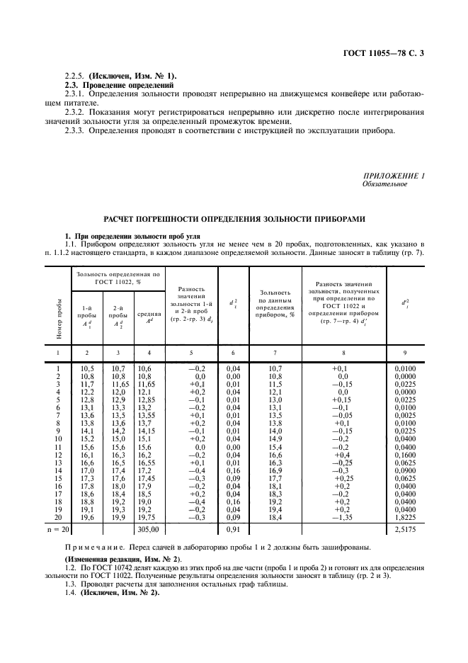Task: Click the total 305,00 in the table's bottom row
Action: [x=148, y=528]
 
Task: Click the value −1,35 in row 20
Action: [x=343, y=518]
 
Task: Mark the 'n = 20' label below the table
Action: [x=57, y=528]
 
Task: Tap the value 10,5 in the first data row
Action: [x=87, y=369]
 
